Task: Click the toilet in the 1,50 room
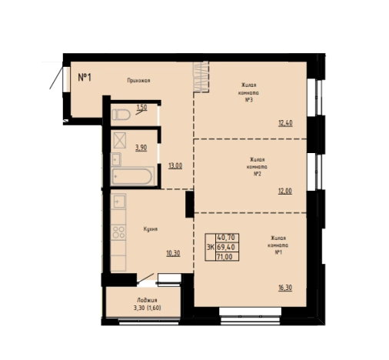click(x=121, y=115)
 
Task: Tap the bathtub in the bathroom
click(x=132, y=176)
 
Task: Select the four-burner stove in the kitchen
click(x=118, y=232)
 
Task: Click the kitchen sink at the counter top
click(x=118, y=201)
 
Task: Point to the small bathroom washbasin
click(x=116, y=159)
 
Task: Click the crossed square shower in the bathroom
click(x=120, y=140)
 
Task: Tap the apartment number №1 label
click(x=85, y=77)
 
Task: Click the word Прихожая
click(x=138, y=81)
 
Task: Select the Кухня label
click(x=151, y=229)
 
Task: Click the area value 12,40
click(x=285, y=123)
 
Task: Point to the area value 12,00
click(x=285, y=191)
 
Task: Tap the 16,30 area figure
click(x=285, y=288)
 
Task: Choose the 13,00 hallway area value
click(x=175, y=166)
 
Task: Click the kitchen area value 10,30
click(x=173, y=253)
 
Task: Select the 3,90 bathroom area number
click(x=141, y=148)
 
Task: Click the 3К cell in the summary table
click(x=211, y=247)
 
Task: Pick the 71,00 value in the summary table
click(x=224, y=257)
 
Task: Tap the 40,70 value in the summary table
click(x=226, y=238)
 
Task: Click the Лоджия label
click(x=147, y=300)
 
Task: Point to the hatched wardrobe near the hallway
click(x=201, y=77)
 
